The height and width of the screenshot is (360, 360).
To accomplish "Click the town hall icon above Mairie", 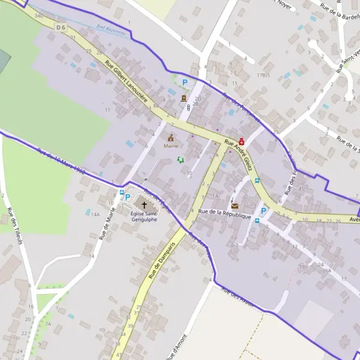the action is [x=170, y=137].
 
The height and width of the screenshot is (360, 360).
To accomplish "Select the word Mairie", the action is [x=171, y=146].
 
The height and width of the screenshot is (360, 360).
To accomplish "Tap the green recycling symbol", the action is [x=180, y=159].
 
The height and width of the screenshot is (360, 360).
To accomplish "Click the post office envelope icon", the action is [x=234, y=206].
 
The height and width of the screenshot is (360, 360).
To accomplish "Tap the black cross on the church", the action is [x=144, y=205].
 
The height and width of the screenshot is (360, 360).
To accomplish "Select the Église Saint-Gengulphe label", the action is [x=144, y=216].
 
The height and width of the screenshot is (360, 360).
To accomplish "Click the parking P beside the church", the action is [x=127, y=197].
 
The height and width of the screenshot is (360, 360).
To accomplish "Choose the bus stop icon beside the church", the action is [x=122, y=193].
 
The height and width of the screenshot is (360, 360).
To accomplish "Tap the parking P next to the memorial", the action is [x=185, y=82].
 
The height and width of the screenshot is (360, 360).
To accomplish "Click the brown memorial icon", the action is [x=184, y=98].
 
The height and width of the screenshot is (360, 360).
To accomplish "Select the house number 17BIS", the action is [x=262, y=76].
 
